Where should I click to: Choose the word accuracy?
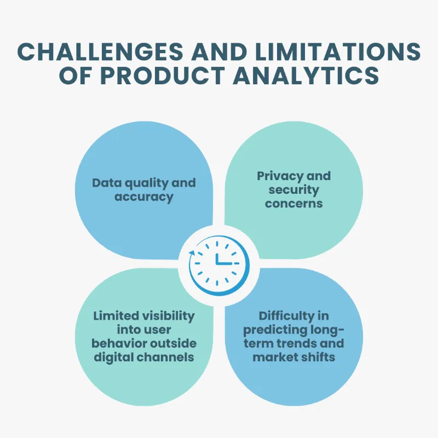(143, 197)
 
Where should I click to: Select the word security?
(294, 190)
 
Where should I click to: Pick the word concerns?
(294, 204)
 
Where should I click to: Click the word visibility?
(168, 316)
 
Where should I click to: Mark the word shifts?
(318, 357)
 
